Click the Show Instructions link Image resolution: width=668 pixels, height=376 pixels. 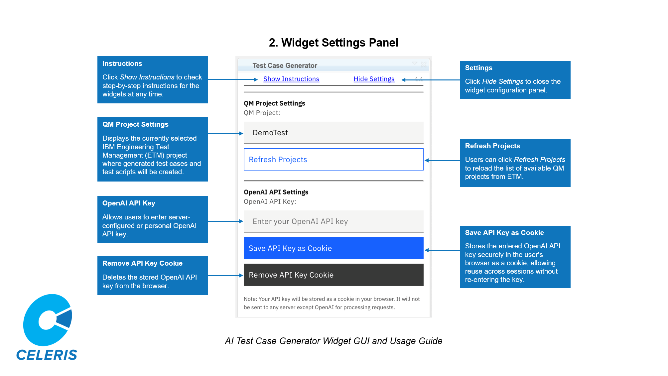291,79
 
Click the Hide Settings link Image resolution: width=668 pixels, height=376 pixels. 374,79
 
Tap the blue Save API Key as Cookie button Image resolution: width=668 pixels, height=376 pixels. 333,248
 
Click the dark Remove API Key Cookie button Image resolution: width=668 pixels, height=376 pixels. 333,275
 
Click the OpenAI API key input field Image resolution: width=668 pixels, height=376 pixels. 333,221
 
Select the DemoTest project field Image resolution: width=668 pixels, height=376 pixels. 333,133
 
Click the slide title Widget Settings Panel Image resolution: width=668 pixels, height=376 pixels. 334,43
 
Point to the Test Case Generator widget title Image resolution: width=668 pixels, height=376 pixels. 285,65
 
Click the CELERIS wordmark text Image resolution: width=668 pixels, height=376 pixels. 47,355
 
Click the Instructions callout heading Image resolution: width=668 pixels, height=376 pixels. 122,63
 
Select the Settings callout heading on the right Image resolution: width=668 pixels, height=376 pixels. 478,68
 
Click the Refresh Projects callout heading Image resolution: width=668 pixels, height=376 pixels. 492,146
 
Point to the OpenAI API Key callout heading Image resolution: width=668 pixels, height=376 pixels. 129,203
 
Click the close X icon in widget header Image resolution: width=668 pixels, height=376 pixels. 423,64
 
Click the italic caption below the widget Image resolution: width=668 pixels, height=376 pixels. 334,341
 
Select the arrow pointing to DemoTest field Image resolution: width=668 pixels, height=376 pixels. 226,133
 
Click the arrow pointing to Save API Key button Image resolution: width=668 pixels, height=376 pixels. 442,250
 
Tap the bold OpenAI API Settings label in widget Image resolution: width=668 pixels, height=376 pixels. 276,192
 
